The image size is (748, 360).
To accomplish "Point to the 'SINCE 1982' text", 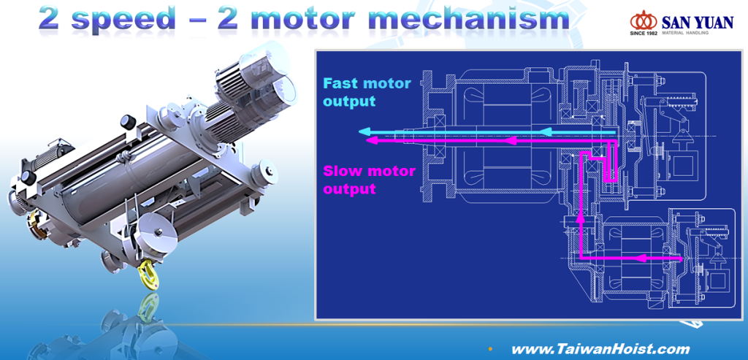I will (x=644, y=34).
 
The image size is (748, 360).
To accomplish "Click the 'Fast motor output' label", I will (x=367, y=92).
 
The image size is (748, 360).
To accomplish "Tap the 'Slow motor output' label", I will (x=369, y=180).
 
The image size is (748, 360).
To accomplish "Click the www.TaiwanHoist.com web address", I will (x=600, y=349).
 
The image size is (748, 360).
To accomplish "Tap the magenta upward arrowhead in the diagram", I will (x=580, y=216).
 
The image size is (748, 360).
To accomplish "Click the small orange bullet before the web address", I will (x=489, y=348).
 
